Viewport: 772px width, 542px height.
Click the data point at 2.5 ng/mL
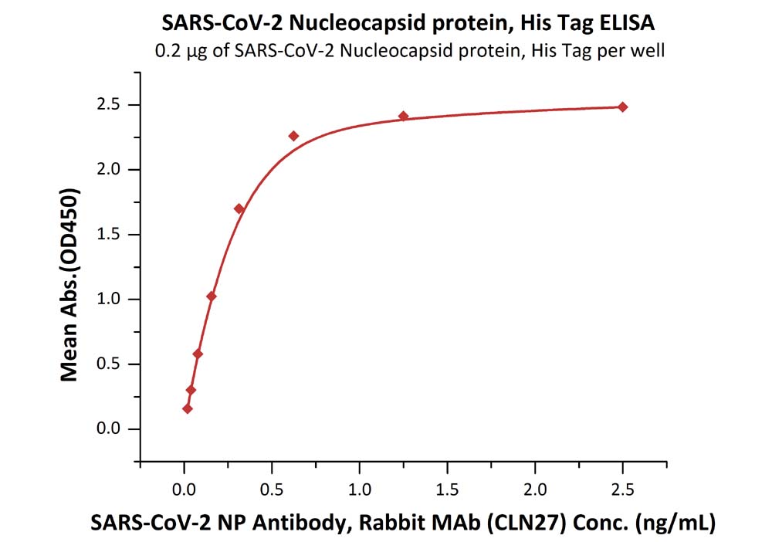point(623,107)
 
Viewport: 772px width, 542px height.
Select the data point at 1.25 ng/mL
point(403,116)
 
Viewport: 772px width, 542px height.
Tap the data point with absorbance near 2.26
point(293,136)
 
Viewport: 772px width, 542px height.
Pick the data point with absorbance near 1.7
point(239,208)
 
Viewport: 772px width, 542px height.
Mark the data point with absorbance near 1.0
point(212,296)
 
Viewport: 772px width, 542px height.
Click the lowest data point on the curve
point(187,408)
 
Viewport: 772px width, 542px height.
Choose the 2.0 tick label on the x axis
point(534,489)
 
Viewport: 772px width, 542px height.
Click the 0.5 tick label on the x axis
point(271,489)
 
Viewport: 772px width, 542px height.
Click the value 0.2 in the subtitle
point(168,52)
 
